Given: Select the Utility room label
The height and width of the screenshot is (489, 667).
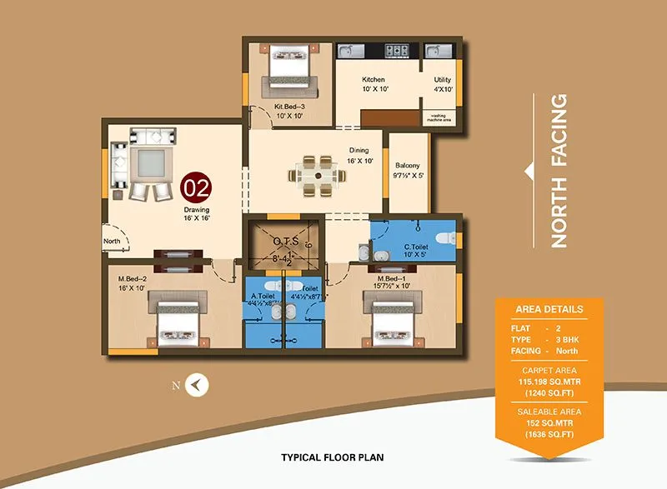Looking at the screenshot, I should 442,80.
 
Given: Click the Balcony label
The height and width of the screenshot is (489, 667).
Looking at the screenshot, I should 408,165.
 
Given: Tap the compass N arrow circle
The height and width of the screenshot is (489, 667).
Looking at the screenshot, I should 198,385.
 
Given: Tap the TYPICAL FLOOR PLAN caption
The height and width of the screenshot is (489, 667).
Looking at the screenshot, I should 333,457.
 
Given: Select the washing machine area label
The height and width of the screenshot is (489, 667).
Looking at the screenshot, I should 439,117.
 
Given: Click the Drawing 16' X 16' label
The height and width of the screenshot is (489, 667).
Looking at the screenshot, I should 197,215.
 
